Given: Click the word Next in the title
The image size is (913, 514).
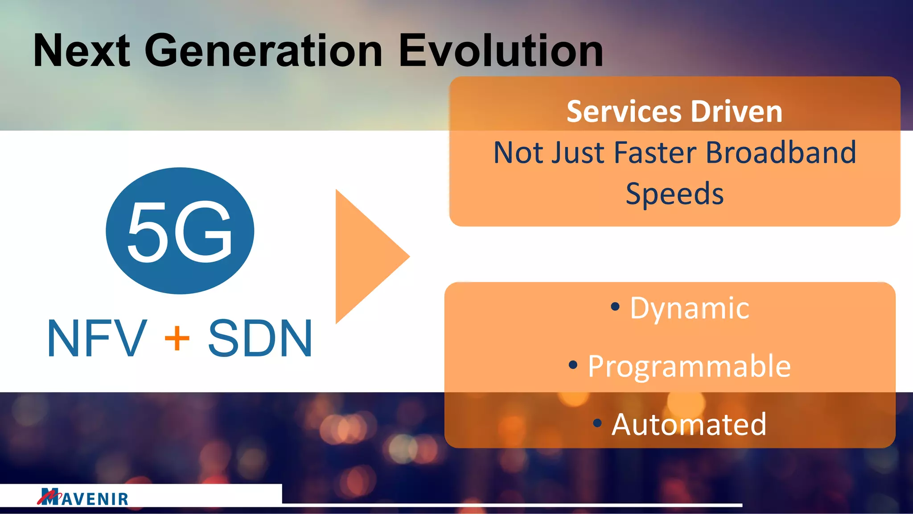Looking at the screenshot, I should (82, 51).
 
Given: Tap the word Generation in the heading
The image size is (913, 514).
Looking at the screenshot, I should (263, 51).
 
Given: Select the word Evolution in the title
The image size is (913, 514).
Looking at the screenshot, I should (501, 51).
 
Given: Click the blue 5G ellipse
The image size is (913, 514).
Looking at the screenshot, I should (180, 231).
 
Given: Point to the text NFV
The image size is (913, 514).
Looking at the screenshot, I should (97, 339).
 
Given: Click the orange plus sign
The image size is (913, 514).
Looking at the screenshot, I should (177, 339).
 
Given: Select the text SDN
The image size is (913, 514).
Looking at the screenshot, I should (260, 339).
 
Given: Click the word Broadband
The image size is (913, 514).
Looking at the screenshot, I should (781, 153).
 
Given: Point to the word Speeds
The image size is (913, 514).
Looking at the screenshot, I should (674, 194).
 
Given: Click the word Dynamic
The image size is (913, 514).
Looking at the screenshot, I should (689, 308).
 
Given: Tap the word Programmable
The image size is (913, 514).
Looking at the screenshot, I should (689, 366).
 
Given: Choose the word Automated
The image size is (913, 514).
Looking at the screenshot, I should (689, 424).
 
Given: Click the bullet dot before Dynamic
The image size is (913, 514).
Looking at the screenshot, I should (615, 307).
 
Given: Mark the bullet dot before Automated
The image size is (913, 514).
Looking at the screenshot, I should (597, 423).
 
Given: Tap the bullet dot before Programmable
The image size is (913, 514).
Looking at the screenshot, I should (573, 365).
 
